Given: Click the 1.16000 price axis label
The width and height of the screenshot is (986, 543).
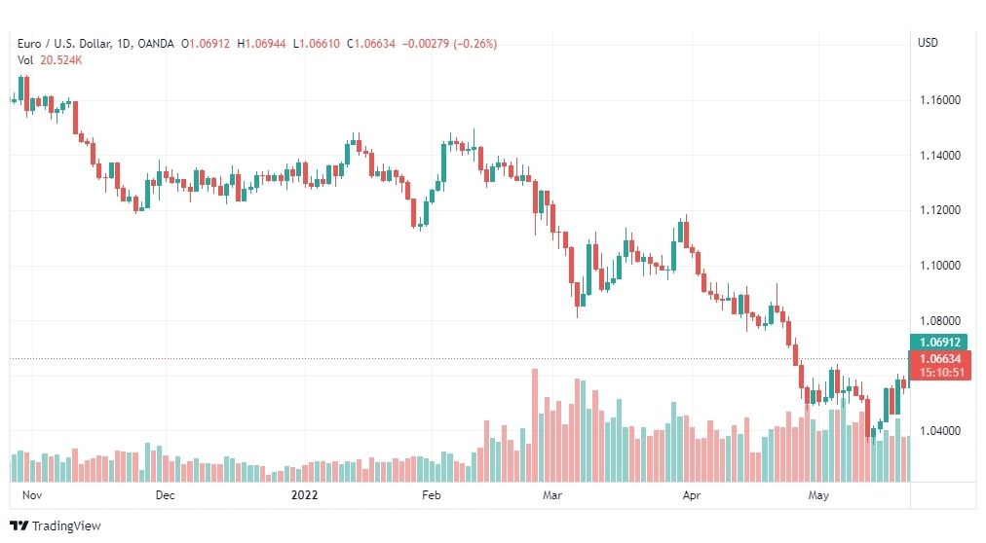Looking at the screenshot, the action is [x=940, y=100].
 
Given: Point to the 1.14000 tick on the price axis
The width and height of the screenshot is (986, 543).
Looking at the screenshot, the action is [x=940, y=155].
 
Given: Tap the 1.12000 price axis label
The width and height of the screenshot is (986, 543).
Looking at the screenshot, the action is [x=940, y=210].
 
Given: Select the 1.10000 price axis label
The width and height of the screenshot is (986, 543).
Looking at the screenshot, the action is [x=940, y=266].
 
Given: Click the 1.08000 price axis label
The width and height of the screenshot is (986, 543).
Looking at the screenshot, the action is [x=940, y=321].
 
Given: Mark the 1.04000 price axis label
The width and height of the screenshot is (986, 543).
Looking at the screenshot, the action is [x=940, y=431].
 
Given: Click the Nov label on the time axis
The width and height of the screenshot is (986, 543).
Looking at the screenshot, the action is [x=32, y=495].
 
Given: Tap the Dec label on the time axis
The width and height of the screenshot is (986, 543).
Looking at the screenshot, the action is [x=165, y=495].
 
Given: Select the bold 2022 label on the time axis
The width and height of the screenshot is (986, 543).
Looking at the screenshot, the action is [x=304, y=495].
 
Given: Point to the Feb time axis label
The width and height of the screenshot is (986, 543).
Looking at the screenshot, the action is [x=432, y=495].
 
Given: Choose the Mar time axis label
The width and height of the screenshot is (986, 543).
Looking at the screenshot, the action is [x=552, y=495].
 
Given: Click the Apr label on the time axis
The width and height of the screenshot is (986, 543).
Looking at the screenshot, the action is [x=691, y=495].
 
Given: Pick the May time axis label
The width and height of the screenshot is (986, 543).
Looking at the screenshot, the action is [x=818, y=495].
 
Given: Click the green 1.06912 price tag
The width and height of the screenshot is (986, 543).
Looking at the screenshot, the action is [x=939, y=343].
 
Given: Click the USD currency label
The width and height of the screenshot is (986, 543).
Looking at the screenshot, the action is [x=928, y=43].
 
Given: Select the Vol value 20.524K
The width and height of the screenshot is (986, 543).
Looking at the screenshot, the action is [x=61, y=60].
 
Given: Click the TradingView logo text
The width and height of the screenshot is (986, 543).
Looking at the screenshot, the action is [x=66, y=526].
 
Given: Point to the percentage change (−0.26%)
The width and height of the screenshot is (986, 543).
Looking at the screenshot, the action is [x=474, y=44].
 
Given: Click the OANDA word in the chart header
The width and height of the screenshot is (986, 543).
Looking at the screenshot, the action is [x=155, y=44].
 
